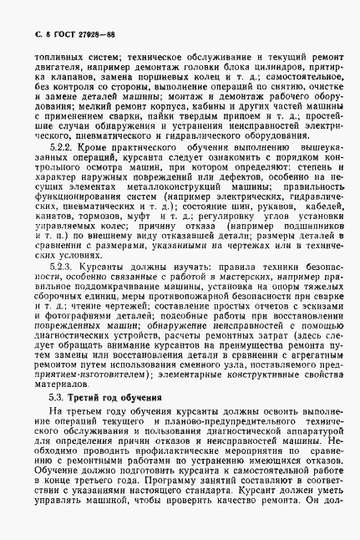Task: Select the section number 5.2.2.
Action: pyautogui.click(x=65, y=145)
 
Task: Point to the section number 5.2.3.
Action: pyautogui.click(x=65, y=262)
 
